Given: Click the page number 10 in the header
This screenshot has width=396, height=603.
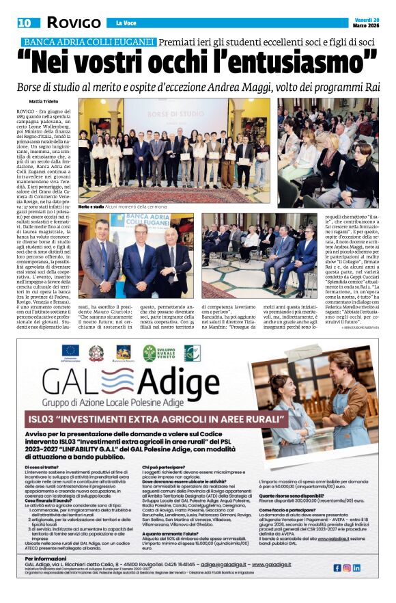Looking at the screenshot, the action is [25, 23].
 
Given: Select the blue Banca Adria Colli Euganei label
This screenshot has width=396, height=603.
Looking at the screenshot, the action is [89, 42].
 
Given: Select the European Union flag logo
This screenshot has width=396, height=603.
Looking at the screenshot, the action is [70, 352].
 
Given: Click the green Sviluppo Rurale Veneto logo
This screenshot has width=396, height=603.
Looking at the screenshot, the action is [158, 352].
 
